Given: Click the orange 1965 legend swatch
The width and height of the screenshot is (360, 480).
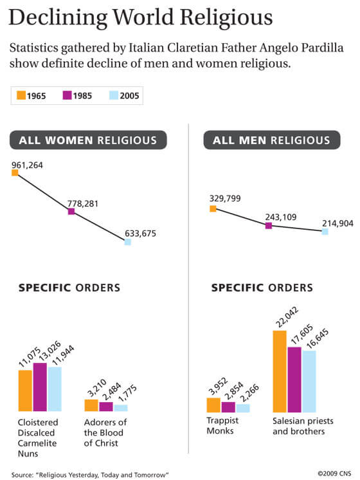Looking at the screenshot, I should (x=21, y=97).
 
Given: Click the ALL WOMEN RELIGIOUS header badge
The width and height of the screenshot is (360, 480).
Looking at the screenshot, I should (x=88, y=140).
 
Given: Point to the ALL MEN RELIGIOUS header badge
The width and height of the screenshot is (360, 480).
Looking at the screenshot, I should (x=267, y=140).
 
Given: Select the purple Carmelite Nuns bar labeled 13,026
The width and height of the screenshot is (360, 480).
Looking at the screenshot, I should (x=40, y=387).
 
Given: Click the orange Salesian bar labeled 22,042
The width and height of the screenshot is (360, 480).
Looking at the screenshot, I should (x=280, y=371).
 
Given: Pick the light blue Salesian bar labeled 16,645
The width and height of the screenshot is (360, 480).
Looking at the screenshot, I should (x=309, y=381).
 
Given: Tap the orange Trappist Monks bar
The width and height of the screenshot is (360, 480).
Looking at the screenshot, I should (x=213, y=405).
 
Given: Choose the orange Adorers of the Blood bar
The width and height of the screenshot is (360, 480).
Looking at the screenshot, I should (x=91, y=405).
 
